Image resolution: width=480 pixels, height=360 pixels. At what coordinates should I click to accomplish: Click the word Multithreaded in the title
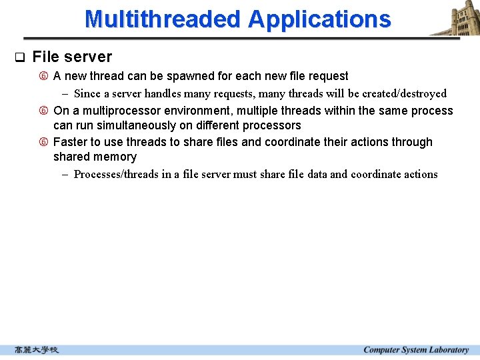click(x=163, y=19)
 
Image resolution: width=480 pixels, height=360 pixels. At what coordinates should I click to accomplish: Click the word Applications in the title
click(x=319, y=19)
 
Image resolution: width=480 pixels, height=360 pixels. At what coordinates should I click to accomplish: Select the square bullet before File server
click(x=19, y=57)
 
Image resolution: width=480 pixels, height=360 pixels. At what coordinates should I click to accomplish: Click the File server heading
click(x=72, y=57)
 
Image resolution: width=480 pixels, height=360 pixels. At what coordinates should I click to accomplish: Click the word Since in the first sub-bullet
click(x=87, y=94)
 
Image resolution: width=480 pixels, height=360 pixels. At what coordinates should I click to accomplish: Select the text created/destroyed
click(x=405, y=94)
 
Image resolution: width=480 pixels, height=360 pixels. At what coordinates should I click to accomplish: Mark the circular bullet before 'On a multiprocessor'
click(x=44, y=111)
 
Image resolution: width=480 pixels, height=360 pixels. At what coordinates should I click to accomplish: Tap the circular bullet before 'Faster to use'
click(x=44, y=142)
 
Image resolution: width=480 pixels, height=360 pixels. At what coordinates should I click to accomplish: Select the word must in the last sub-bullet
click(x=245, y=175)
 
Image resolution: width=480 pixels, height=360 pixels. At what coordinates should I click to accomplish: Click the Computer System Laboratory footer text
click(x=416, y=350)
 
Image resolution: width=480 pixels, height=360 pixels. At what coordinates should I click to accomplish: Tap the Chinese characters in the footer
click(x=37, y=350)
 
